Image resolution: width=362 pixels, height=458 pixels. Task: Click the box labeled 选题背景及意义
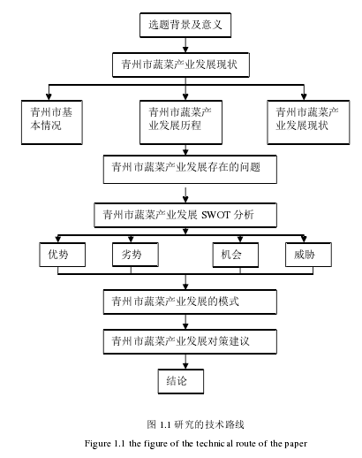coord(185,25)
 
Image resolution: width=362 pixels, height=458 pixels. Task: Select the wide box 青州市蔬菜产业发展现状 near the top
coord(181,65)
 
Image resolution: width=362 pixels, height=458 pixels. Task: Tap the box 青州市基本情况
coord(52,122)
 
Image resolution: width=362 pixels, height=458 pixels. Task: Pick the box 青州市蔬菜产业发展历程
coord(181,122)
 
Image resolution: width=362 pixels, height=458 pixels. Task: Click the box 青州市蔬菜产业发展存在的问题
coord(190,170)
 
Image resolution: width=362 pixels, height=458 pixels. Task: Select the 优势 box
coord(63,255)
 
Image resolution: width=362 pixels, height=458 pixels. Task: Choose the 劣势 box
coord(135,255)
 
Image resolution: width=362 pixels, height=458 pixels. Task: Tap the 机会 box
coord(236,255)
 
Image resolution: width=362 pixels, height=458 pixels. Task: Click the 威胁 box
coord(308,255)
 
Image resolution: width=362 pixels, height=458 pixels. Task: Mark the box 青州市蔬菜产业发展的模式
coord(190,302)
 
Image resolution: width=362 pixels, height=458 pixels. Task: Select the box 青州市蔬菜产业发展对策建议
coord(190,341)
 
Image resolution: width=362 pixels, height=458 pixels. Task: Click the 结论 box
coord(181,381)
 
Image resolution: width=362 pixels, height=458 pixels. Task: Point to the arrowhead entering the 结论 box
coord(185,366)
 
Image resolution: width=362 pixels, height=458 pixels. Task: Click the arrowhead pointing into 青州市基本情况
coord(49,97)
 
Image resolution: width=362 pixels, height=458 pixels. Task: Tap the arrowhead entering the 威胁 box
coord(304,239)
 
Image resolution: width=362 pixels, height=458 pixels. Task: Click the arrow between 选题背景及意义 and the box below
coord(185,45)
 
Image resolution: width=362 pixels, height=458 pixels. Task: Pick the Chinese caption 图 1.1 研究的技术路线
coord(195,424)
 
